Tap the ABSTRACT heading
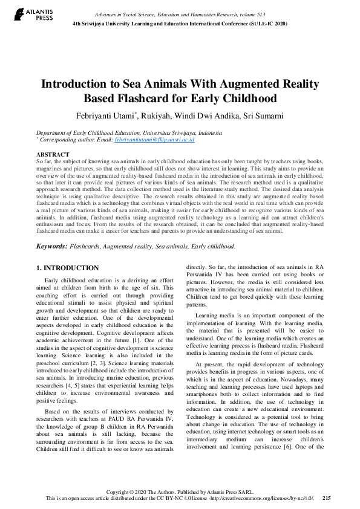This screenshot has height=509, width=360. coord(53,155)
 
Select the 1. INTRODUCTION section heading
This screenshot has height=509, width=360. coord(67,268)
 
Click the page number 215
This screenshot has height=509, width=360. coord(327,498)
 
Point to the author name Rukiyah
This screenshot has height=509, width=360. coord(160,115)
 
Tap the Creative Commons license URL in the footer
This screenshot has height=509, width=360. coord(265,498)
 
